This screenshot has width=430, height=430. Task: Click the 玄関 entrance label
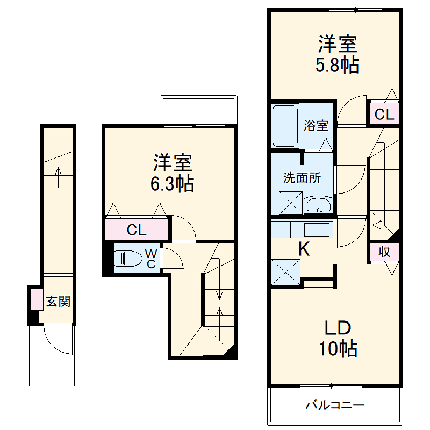pyautogui.click(x=58, y=302)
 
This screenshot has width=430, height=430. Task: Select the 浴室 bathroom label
pyautogui.click(x=316, y=126)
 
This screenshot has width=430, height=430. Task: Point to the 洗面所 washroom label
pyautogui.click(x=302, y=178)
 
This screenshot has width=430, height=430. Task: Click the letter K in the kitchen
pyautogui.click(x=304, y=249)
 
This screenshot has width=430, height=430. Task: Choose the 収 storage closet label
pyautogui.click(x=384, y=252)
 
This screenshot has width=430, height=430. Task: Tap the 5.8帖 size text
pyautogui.click(x=337, y=65)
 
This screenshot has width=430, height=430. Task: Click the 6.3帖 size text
pyautogui.click(x=172, y=184)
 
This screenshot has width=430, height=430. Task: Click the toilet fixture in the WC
pyautogui.click(x=128, y=259)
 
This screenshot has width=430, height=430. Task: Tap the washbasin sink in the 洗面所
pyautogui.click(x=318, y=205)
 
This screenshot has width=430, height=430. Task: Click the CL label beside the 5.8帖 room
pyautogui.click(x=384, y=114)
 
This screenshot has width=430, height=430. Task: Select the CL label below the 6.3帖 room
pyautogui.click(x=137, y=231)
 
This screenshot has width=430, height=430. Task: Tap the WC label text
pyautogui.click(x=152, y=259)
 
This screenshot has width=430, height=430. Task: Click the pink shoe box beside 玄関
pyautogui.click(x=36, y=300)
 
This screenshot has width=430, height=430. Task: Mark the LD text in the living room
pyautogui.click(x=337, y=327)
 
